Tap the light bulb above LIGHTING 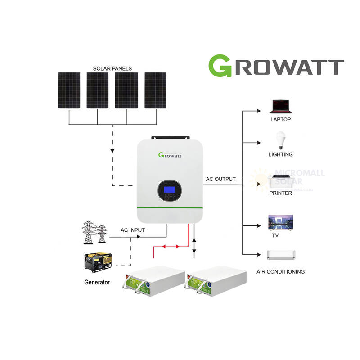(281, 140)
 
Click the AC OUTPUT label (220, 179)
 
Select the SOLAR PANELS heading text (112, 68)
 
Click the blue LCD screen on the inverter (170, 190)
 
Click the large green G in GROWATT (221, 66)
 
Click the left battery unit (155, 282)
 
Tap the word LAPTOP (281, 120)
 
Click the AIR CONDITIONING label (280, 271)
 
